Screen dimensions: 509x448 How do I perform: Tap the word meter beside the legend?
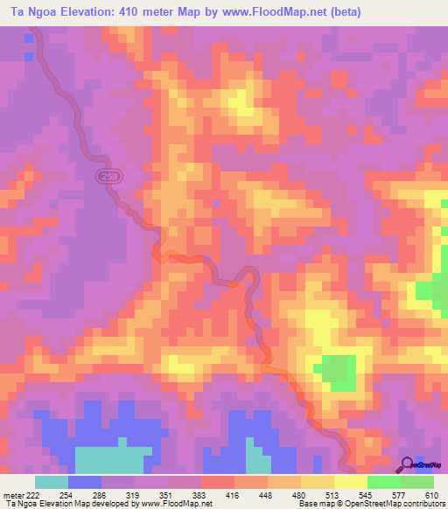(13, 495)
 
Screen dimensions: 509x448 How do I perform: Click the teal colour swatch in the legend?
(52, 482)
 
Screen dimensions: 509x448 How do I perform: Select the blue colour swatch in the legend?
(85, 482)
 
